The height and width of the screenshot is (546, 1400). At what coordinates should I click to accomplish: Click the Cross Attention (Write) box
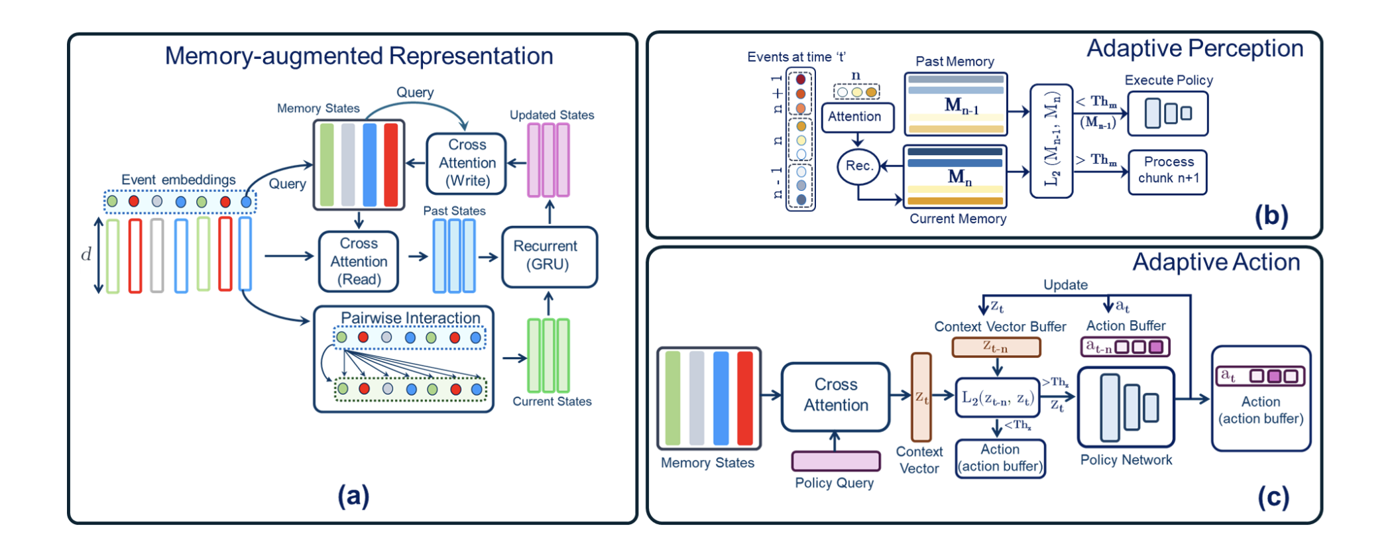467,163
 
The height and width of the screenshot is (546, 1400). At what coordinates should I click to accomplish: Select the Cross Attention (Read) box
359,262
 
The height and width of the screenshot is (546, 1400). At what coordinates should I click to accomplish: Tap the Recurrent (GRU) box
549,256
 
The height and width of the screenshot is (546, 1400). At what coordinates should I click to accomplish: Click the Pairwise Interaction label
410,318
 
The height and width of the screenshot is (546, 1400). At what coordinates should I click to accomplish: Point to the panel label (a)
353,496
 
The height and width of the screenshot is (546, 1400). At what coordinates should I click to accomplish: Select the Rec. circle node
858,166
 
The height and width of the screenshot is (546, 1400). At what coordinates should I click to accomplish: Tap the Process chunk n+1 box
1168,170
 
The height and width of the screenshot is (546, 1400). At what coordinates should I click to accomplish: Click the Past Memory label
955,62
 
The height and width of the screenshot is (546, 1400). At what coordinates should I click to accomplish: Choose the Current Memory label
957,219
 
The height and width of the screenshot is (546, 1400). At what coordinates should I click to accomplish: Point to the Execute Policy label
1168,80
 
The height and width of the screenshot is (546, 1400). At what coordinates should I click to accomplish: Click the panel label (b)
1271,216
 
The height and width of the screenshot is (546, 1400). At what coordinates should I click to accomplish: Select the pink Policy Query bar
836,461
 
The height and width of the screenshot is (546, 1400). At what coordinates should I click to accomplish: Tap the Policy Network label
1126,460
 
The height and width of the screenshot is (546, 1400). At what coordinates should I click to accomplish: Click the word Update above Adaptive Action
1065,285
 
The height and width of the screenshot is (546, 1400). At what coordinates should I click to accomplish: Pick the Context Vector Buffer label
1000,327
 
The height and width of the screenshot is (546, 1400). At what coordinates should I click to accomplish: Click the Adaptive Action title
1216,262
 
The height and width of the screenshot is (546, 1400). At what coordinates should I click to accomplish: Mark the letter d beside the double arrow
86,254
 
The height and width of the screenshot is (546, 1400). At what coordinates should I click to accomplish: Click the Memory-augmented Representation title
359,56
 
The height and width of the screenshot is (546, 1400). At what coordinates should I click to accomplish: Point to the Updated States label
552,115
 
